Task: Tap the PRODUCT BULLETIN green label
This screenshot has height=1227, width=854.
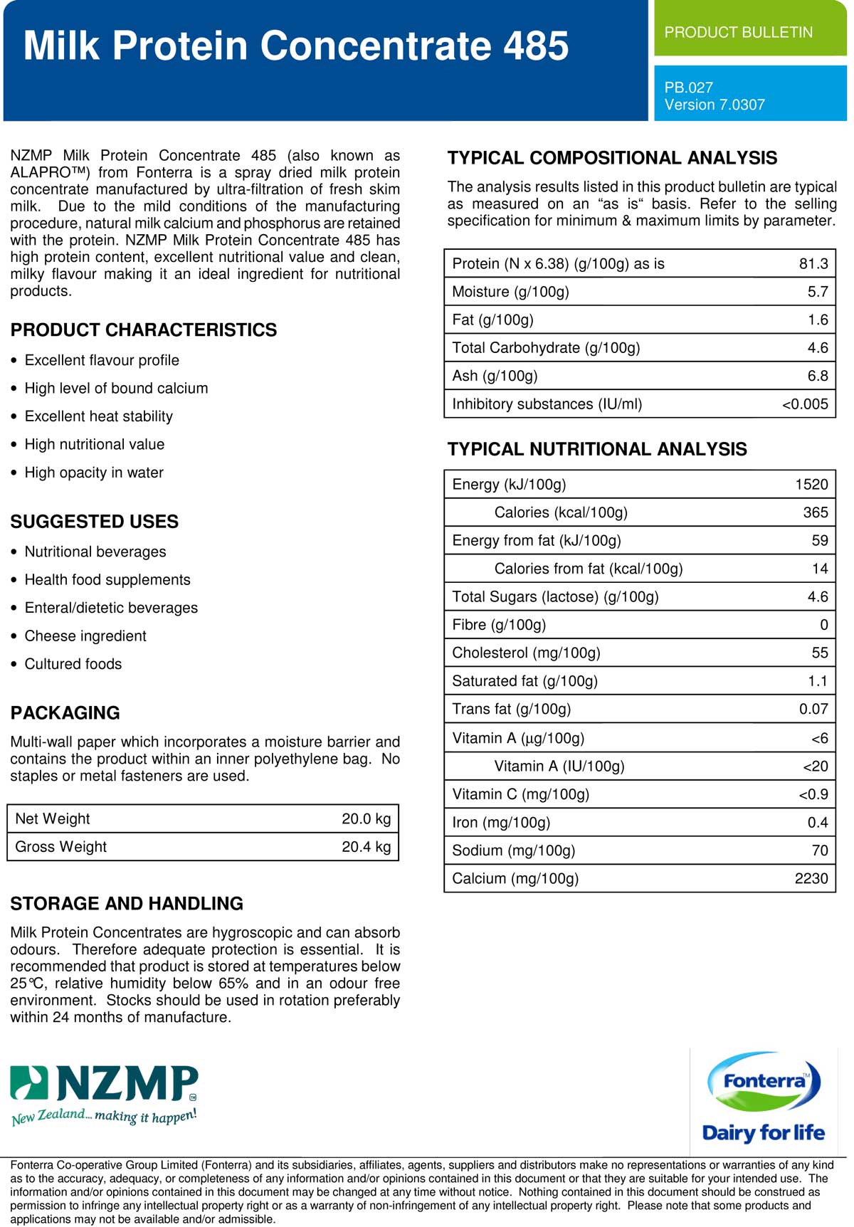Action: tap(738, 32)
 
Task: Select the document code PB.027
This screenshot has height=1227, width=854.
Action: tap(688, 88)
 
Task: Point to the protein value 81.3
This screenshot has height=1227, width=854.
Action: tap(813, 263)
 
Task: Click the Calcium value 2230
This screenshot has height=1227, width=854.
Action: tap(811, 878)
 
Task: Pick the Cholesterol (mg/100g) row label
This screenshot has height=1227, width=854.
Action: tap(526, 653)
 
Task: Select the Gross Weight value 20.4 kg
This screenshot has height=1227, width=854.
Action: tap(366, 846)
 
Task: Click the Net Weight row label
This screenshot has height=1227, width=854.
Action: tap(53, 818)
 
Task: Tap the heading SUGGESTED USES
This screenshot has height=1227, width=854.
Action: tap(95, 522)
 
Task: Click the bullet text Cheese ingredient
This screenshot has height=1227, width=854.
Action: tap(85, 636)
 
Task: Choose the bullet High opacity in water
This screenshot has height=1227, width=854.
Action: tap(94, 473)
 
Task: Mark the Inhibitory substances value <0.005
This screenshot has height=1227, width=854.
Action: tap(805, 404)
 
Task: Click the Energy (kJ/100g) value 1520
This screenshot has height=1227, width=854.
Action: tap(811, 485)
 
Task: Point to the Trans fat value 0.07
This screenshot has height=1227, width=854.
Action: tap(813, 709)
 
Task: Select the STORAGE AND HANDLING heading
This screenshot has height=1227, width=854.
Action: tap(127, 903)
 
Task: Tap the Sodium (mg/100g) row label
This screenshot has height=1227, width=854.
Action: tap(513, 851)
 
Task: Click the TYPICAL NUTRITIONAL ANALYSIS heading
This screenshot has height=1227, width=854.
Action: tap(597, 449)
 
